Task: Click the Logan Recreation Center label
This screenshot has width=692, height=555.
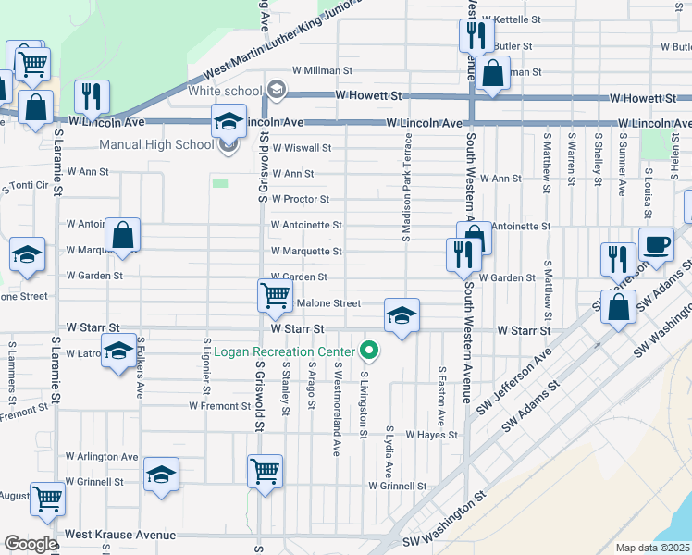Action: click(284, 351)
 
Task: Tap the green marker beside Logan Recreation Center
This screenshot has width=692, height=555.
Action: click(370, 351)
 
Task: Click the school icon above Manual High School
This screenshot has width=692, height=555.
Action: click(229, 121)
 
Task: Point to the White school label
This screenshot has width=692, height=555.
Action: click(225, 91)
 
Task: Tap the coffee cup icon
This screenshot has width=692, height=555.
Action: click(656, 245)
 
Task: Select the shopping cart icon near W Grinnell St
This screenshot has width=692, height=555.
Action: click(265, 471)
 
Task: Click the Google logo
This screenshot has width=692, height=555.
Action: click(30, 544)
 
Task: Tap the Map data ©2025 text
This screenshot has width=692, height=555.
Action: click(652, 548)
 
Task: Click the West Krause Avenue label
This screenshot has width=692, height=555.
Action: click(120, 535)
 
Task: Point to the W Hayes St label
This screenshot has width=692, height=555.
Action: click(432, 435)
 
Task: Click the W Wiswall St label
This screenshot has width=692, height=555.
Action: click(300, 147)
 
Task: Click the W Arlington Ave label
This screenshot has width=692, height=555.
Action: click(102, 457)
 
